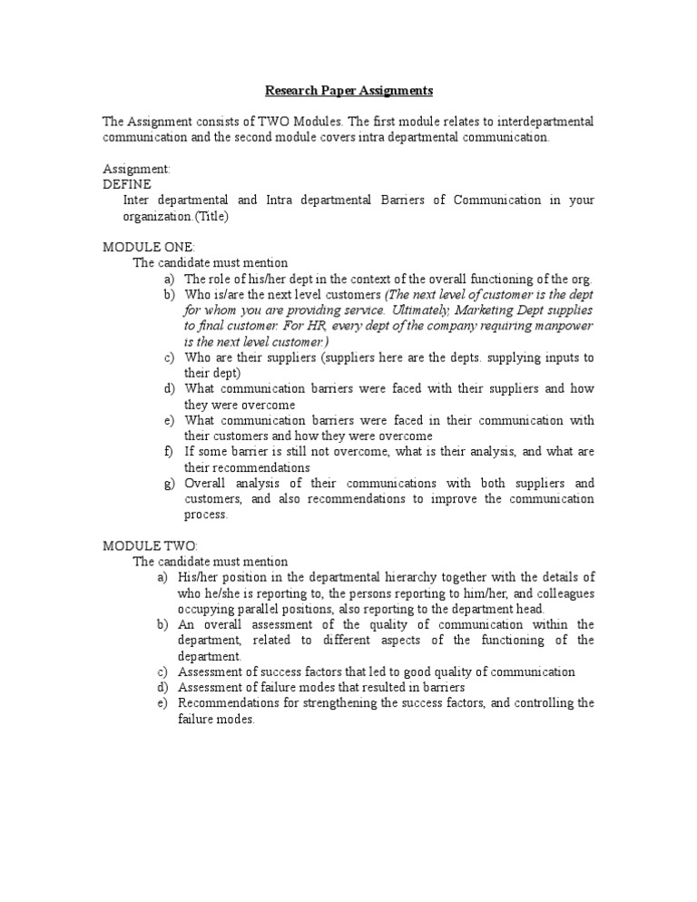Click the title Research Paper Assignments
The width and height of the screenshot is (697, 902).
point(348,91)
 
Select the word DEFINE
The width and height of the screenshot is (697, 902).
point(126,184)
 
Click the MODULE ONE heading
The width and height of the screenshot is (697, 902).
point(148,247)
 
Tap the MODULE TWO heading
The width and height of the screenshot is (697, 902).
point(149,545)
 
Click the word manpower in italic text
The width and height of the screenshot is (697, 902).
point(557,326)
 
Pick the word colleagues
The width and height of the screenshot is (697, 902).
point(564,593)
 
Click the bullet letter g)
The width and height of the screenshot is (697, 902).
point(169,484)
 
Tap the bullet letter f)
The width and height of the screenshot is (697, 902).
point(169,452)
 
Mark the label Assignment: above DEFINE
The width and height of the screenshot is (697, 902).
point(136,169)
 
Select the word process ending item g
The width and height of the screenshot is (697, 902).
point(207,515)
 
